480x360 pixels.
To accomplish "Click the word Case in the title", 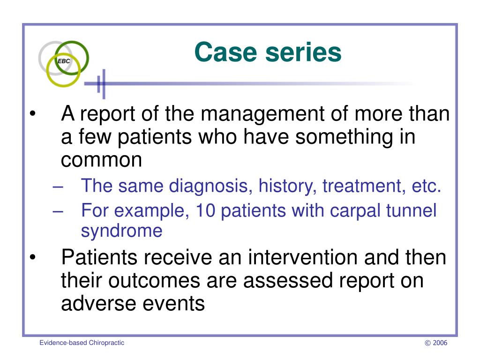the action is (225, 52).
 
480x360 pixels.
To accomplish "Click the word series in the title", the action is (303, 52).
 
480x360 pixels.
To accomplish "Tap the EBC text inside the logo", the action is (64, 61).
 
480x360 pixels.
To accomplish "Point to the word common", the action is (101, 160).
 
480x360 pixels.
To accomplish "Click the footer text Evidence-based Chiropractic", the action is (82, 343).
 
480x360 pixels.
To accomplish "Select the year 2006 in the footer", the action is (440, 343).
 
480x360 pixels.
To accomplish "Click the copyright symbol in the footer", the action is (427, 343).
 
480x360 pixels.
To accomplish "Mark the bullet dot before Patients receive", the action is (33, 257).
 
